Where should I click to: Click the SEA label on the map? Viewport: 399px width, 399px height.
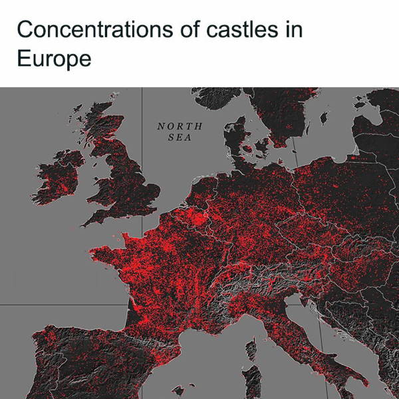[x=180, y=138]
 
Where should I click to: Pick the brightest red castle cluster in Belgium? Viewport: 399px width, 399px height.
[x=193, y=216]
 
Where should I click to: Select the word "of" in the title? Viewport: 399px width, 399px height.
[x=186, y=30]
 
